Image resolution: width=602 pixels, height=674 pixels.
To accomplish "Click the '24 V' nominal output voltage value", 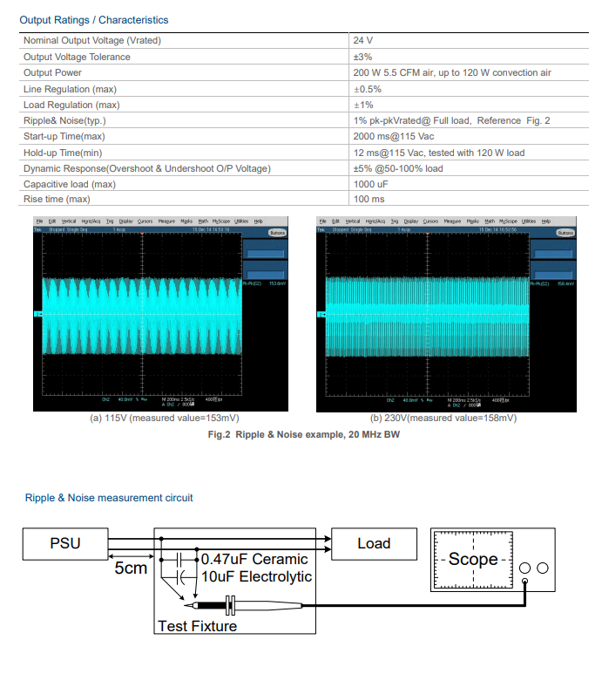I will (363, 41).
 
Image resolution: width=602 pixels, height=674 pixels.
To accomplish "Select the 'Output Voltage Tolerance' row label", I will (77, 57).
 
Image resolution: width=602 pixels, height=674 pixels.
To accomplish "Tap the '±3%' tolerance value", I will (364, 57).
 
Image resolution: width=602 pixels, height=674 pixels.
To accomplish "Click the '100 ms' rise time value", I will (369, 200).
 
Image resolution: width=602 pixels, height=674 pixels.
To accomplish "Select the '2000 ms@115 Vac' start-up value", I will (393, 136).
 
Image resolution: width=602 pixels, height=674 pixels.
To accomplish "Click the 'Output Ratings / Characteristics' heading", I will (94, 19).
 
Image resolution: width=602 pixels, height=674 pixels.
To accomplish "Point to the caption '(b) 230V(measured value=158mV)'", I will (443, 419).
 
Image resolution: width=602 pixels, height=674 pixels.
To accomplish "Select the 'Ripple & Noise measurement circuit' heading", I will (109, 498).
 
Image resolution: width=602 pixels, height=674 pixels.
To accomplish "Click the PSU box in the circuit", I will (64, 543).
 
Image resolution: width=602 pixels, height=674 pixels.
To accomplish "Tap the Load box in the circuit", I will (374, 543).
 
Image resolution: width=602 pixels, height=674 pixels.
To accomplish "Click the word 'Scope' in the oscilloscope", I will (473, 560).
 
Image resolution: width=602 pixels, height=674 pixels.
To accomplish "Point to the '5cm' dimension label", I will (131, 568).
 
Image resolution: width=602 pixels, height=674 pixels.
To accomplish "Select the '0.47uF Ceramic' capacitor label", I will (254, 559).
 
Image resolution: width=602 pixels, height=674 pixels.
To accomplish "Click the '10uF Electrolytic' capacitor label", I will (256, 576).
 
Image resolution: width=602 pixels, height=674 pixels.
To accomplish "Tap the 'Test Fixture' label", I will (197, 625).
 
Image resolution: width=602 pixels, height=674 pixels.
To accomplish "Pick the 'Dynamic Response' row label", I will (146, 168).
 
